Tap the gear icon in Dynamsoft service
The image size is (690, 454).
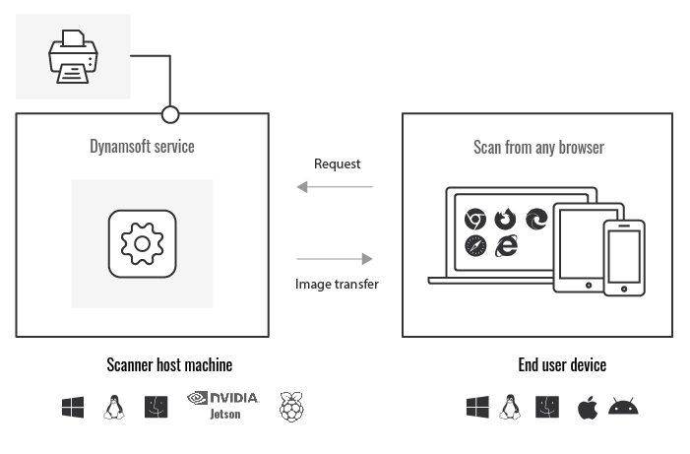click(143, 242)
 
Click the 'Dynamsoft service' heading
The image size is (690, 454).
click(143, 147)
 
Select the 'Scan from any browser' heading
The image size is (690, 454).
click(538, 148)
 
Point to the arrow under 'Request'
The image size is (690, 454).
click(336, 186)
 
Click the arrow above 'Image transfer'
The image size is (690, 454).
click(336, 259)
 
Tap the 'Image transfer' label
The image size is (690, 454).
click(337, 284)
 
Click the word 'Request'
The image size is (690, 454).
click(337, 163)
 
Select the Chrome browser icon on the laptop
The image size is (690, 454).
click(475, 219)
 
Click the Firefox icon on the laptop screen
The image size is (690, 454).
click(506, 219)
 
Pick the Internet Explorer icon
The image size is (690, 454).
click(506, 246)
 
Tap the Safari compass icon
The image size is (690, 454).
click(475, 246)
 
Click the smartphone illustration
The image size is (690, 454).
click(623, 257)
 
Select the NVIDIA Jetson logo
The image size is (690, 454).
click(222, 405)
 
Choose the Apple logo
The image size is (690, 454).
click(587, 406)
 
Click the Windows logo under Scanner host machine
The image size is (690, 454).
click(73, 407)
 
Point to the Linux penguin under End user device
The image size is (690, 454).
click(510, 407)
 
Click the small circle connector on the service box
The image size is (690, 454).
click(170, 114)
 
